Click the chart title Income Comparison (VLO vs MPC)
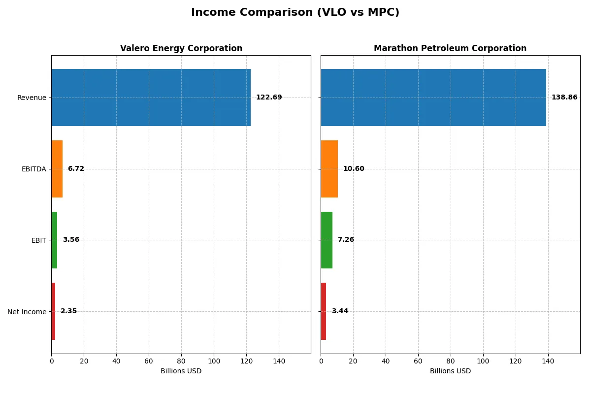(295, 13)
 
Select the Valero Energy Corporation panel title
(181, 48)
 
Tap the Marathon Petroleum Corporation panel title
(450, 48)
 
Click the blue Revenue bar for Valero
(151, 98)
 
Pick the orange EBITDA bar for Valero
(57, 169)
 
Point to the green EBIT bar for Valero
(54, 240)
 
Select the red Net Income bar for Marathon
(324, 311)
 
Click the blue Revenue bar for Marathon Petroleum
(433, 98)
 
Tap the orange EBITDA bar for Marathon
(329, 169)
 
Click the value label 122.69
(269, 98)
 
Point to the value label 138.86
(564, 98)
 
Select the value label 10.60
(354, 169)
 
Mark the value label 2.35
(68, 311)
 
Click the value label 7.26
(346, 240)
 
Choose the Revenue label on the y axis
(32, 98)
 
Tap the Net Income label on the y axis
(27, 312)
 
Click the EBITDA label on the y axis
(33, 169)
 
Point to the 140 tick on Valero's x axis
(279, 361)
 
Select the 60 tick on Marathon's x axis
(418, 361)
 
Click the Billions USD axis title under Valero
(181, 371)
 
